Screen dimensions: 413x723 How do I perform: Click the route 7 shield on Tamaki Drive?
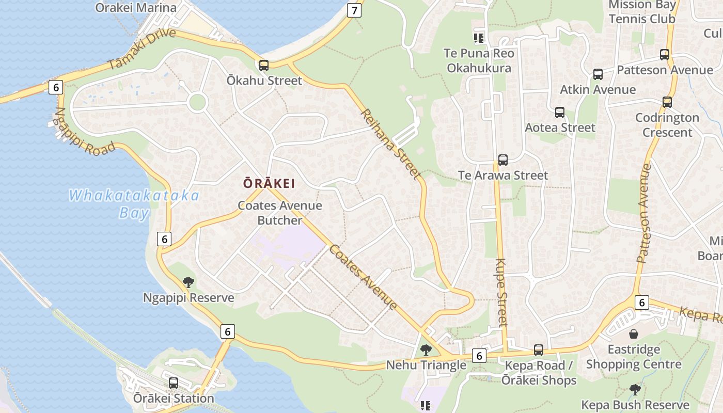[x=354, y=10]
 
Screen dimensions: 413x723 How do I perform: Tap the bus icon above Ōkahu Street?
[x=264, y=66]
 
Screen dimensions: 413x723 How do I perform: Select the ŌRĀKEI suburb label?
[x=269, y=183]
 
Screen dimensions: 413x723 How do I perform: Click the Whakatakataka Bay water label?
[x=134, y=204]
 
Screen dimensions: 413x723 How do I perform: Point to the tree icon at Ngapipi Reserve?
[x=188, y=282]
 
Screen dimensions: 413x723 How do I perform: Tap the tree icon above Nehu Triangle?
[x=426, y=350]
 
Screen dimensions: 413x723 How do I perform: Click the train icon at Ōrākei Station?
[x=174, y=383]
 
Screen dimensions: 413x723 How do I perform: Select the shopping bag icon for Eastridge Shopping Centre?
[x=634, y=334]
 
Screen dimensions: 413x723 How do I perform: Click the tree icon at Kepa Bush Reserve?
[x=635, y=390]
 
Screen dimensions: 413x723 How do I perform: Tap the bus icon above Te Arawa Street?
[x=503, y=160]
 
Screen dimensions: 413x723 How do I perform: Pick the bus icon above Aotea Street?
[x=560, y=113]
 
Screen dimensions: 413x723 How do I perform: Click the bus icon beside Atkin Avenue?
[x=598, y=74]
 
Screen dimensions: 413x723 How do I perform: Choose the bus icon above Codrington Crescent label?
[x=667, y=102]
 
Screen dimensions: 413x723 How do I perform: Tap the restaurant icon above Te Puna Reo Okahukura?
[x=479, y=38]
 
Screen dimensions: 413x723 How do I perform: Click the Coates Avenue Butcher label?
[x=279, y=213]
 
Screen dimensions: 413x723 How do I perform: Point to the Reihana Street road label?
[x=390, y=144]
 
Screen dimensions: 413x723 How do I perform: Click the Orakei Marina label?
[x=136, y=8]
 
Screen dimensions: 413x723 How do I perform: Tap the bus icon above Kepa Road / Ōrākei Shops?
[x=539, y=350]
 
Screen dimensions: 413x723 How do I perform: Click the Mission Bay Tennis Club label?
[x=642, y=12]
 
